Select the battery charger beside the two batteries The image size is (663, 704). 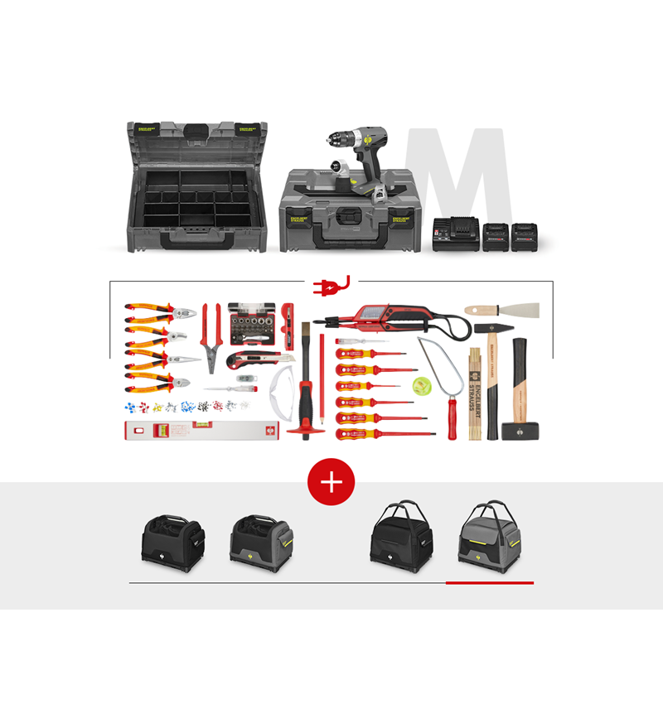[x=454, y=236]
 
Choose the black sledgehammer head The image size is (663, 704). [x=520, y=431]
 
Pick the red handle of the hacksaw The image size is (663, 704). [x=452, y=419]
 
